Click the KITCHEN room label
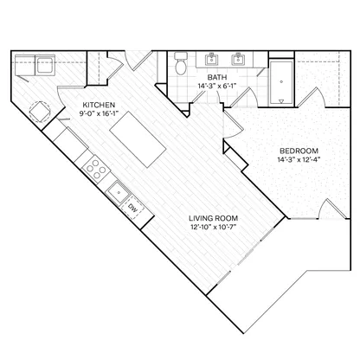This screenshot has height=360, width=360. coord(99,105)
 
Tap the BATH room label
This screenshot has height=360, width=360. coord(217,77)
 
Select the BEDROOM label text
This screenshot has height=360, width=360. coord(299,151)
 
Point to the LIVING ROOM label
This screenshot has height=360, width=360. coord(214,218)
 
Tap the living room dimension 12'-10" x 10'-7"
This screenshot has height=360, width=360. coord(214,227)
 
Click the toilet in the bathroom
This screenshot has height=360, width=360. coord(181,63)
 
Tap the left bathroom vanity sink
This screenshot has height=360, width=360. coord(212,60)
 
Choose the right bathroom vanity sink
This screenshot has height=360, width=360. coord(238,60)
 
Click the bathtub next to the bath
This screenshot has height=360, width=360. coord(281,83)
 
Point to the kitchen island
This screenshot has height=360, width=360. coord(138,139)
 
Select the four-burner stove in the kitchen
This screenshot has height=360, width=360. coord(96,169)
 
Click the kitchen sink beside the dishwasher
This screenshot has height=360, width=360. coord(119,193)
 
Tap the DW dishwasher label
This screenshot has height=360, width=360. coord(132,208)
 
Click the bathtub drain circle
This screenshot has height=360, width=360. coord(281,81)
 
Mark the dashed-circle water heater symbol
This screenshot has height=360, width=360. coord(40,112)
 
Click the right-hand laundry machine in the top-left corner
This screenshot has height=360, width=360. coord(45,66)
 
